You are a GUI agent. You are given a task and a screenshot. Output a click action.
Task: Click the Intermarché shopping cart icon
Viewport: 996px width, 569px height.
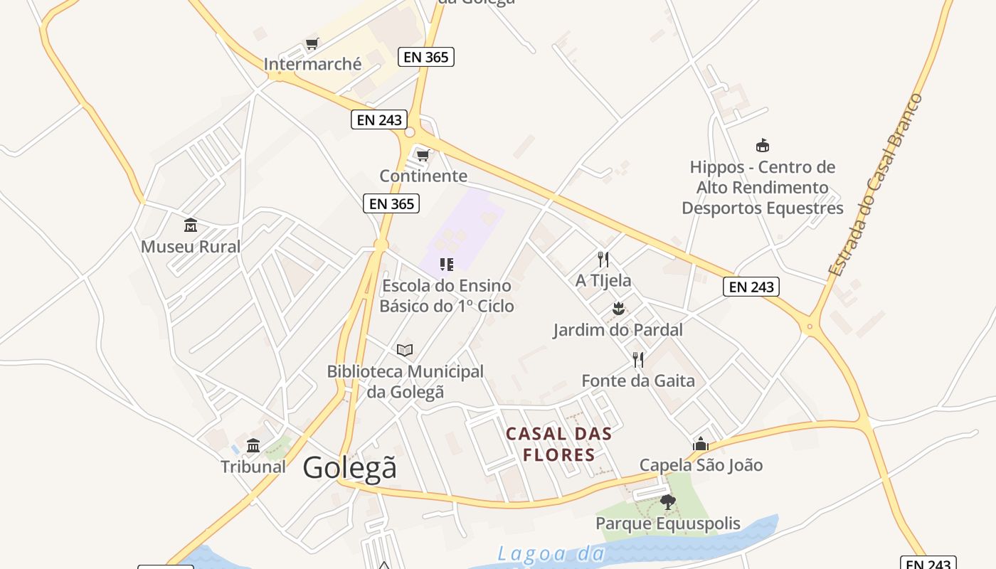point(312,44)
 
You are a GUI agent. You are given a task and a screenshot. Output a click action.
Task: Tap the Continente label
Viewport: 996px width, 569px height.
point(423,176)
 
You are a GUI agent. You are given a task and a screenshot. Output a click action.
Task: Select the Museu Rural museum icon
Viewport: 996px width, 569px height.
point(191,225)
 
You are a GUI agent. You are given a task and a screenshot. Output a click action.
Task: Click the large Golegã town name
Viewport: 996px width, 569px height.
point(349,468)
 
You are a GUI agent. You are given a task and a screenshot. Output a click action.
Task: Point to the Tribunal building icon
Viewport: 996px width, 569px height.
point(253,446)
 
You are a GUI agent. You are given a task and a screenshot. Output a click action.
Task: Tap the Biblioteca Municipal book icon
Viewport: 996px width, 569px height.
point(405,350)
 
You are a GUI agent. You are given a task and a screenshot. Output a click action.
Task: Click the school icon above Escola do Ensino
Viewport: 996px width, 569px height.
point(447,265)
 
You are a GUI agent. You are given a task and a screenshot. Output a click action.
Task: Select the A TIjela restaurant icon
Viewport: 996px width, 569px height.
point(603,259)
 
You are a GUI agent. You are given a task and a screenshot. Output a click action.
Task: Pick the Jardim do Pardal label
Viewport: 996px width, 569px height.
point(618,330)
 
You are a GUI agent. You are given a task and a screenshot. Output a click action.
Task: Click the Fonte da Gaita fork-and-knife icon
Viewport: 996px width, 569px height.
point(638,360)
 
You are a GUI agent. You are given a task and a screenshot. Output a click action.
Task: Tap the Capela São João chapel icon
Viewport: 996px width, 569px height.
point(701,445)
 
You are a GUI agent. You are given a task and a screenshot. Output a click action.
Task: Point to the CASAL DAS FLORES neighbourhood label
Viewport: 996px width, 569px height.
point(558,444)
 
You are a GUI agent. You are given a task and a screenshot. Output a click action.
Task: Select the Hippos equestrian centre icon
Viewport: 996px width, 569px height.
point(763,146)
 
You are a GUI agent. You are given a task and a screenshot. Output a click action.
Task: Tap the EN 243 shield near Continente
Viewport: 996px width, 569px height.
point(379,119)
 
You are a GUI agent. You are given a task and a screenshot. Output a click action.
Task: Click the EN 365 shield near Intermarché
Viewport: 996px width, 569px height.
point(426,57)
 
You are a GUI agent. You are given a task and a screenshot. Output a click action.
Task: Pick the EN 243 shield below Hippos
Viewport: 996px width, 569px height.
point(751,287)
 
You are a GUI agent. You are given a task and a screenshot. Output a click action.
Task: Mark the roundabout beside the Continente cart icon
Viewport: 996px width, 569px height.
point(410,132)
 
